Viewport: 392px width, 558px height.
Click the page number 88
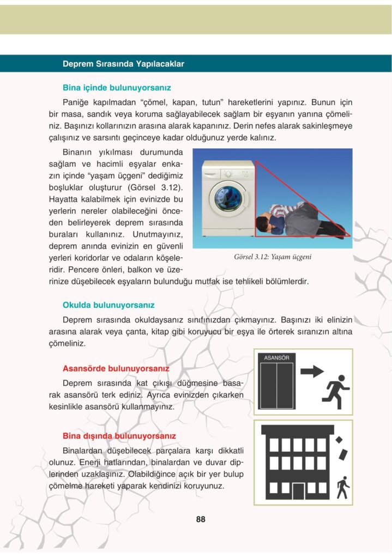point(201,519)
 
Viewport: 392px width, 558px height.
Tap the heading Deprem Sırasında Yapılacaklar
point(123,64)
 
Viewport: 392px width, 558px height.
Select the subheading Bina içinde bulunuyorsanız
point(117,87)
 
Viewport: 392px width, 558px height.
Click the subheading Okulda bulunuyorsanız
point(108,305)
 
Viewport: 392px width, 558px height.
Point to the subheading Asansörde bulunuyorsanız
point(116,368)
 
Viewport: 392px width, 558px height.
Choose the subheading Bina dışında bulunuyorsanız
point(119,436)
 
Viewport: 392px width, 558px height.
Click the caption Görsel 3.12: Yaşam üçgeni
point(276,257)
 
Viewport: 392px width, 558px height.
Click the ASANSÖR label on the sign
point(276,358)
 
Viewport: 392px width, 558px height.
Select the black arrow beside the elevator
point(312,371)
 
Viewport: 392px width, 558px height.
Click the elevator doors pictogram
point(276,385)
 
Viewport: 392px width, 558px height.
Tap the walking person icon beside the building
point(342,487)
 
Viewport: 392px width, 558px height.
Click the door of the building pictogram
point(298,491)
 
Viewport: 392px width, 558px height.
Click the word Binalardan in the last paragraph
point(86,451)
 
